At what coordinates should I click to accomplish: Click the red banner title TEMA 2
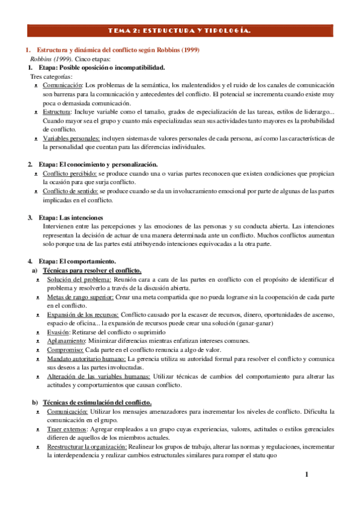[x=180, y=29]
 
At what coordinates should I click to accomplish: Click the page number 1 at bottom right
[x=307, y=475]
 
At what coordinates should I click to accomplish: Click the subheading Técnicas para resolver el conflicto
[x=93, y=271]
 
